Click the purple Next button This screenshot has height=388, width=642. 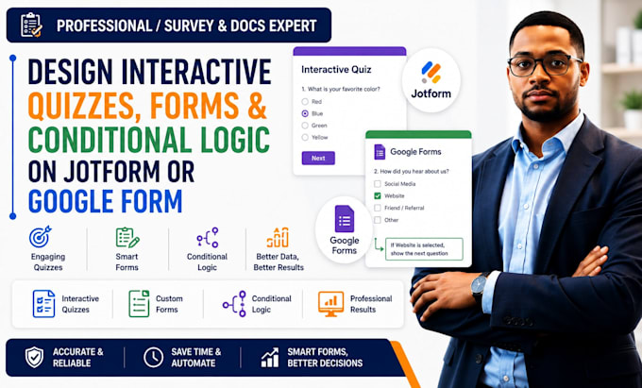pos(318,158)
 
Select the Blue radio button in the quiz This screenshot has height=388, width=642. pos(305,113)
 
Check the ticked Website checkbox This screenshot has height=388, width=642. pos(378,195)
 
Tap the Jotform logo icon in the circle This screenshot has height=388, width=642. pos(431,72)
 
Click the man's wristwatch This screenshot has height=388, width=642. pos(479,286)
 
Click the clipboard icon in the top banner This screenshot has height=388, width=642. pos(31,25)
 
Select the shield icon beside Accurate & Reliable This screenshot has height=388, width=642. pos(34,357)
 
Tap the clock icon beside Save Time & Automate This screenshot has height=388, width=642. pos(153,357)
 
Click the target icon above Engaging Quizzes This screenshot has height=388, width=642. pos(40,237)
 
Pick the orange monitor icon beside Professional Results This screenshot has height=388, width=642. pos(330,304)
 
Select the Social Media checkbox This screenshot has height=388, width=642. pos(378,184)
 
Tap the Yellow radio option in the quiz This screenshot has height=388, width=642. pos(305,138)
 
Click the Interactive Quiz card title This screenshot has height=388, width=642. pos(336,70)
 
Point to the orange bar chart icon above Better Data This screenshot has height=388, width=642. pos(278,237)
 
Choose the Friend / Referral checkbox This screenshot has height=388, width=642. pos(378,208)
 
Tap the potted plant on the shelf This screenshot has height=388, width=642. pos(633,110)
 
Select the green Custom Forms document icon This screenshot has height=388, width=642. pos(139,304)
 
